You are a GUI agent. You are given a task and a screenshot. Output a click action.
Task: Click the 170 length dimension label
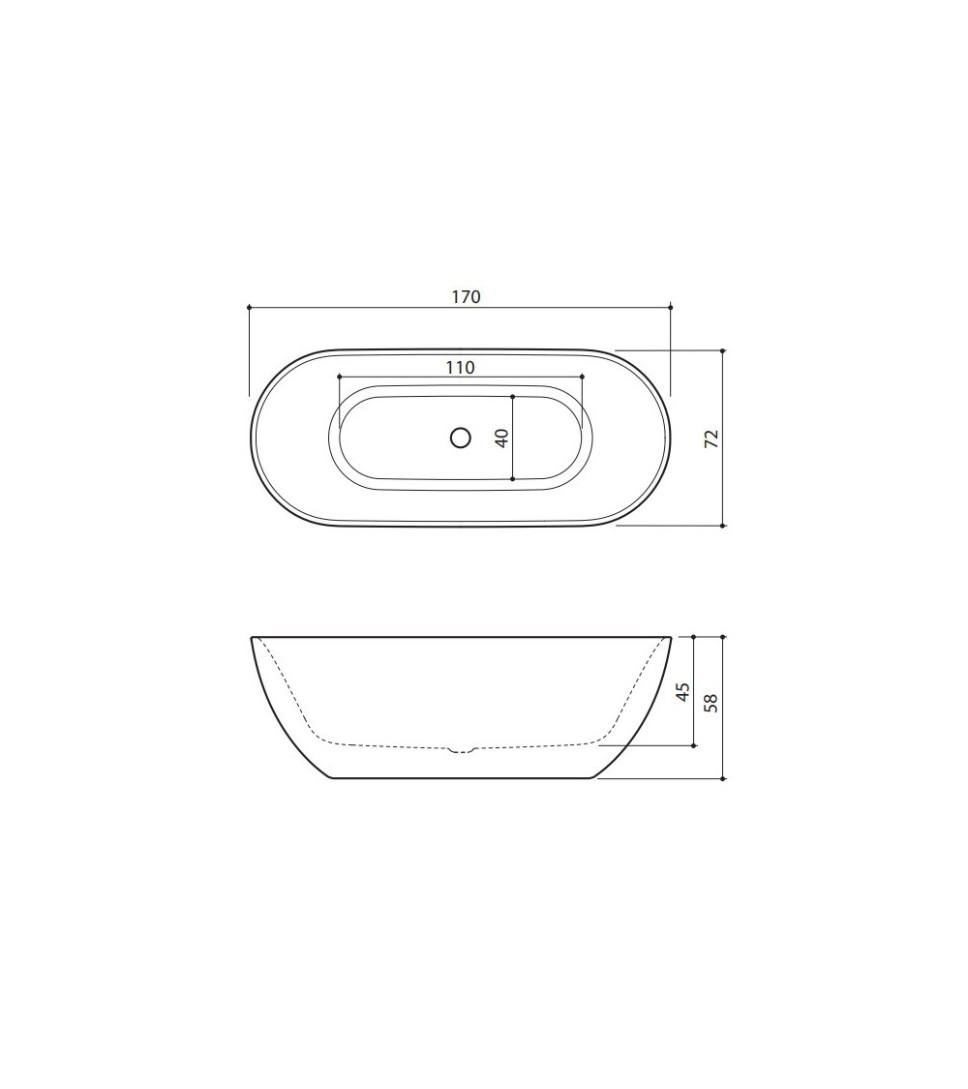(x=466, y=297)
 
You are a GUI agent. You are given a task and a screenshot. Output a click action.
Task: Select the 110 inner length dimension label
(x=461, y=367)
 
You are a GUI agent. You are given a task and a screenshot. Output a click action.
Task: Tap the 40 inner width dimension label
(x=501, y=438)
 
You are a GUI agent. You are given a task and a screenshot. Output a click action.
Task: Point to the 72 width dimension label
(x=711, y=439)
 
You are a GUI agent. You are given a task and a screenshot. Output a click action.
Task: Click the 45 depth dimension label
(x=682, y=691)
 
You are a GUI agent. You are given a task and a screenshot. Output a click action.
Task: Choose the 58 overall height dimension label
(x=711, y=702)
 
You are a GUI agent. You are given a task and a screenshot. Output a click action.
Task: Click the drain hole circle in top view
(x=461, y=438)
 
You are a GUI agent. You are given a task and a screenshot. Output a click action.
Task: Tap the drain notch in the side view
(x=461, y=749)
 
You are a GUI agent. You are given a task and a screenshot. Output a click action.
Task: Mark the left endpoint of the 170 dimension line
(x=250, y=307)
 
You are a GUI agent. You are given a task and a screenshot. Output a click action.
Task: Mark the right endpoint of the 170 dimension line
(x=671, y=307)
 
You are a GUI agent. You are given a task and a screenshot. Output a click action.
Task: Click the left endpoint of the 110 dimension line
(x=338, y=376)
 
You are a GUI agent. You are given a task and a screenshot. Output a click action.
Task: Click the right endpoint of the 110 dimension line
(x=583, y=376)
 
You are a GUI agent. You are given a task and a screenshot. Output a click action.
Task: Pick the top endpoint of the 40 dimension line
(x=512, y=396)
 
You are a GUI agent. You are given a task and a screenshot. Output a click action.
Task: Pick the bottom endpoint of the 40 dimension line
(x=512, y=478)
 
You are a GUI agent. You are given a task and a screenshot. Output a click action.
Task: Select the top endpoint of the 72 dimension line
(x=723, y=350)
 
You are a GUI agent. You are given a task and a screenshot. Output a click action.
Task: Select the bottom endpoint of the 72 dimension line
(x=723, y=526)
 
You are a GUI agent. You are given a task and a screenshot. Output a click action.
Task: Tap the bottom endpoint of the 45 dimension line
(x=694, y=746)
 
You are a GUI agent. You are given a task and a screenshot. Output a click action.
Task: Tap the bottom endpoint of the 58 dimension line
(x=723, y=778)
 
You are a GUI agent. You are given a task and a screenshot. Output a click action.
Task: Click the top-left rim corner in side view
(x=253, y=638)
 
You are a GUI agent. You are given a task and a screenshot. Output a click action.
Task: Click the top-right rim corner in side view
(x=670, y=638)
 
